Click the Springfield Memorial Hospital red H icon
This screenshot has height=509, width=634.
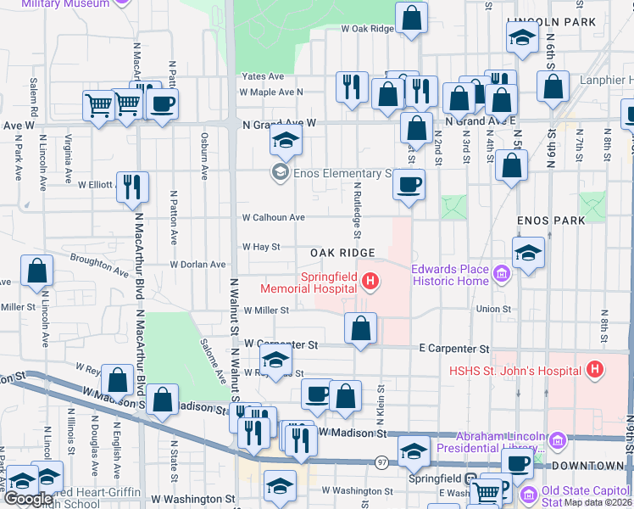370,281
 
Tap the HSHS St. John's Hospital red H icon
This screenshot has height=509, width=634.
595,370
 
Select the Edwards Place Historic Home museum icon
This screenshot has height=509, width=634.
501,274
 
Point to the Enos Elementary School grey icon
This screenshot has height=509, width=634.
280,173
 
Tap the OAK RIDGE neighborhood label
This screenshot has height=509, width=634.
342,253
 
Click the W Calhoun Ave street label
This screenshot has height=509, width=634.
273,217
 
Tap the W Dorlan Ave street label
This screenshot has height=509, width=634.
197,264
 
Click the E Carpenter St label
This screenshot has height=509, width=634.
454,349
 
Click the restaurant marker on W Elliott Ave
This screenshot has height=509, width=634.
132,187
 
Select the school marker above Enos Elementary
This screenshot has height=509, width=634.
286,141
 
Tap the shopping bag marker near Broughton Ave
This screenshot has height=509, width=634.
37,271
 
